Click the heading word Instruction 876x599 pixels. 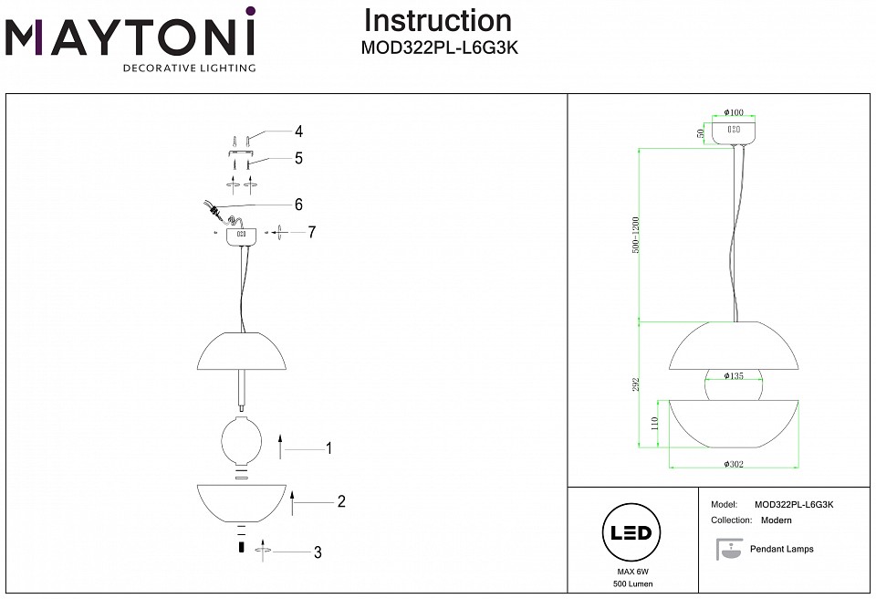coord(437,20)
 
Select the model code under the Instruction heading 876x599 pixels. coord(440,50)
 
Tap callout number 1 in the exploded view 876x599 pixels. coord(328,448)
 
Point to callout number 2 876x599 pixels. coord(340,501)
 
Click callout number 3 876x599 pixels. coord(318,552)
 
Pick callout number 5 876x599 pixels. coord(298,158)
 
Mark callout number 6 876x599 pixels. coord(298,204)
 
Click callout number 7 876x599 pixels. coord(311,232)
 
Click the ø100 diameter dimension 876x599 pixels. coord(734,112)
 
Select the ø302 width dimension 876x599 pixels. coord(734,465)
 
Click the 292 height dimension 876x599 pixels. coord(636,384)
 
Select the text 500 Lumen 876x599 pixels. coord(632,583)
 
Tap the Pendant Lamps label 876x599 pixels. coord(781,549)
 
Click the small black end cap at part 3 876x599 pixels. coord(241,548)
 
